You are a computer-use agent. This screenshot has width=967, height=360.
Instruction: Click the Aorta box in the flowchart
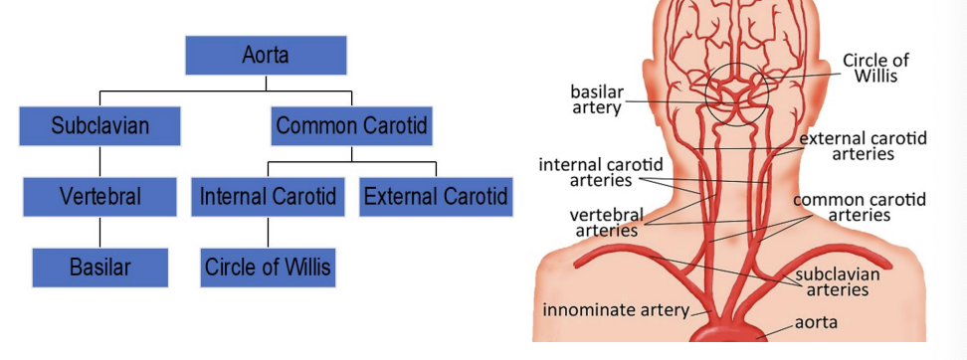(266, 55)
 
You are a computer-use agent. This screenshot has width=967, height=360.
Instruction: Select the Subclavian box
(99, 126)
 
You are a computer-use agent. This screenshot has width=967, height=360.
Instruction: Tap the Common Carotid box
(350, 126)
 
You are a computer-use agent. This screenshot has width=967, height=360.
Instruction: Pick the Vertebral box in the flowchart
(99, 196)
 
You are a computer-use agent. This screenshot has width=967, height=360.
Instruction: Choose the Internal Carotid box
(267, 196)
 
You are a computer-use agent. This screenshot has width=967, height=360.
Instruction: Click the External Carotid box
(435, 196)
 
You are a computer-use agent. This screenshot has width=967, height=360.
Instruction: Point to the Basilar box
(99, 267)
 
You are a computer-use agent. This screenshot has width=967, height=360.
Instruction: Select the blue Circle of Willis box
(267, 267)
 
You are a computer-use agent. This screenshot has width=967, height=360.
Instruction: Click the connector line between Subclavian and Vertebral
(99, 161)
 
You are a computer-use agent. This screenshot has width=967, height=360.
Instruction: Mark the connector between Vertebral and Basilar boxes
(99, 232)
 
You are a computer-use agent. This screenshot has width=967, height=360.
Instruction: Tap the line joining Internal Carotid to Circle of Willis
(267, 232)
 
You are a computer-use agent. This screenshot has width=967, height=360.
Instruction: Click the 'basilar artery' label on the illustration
(596, 99)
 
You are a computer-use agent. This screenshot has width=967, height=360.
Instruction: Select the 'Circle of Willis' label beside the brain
(875, 68)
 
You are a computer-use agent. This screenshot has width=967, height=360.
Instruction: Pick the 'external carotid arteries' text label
(862, 146)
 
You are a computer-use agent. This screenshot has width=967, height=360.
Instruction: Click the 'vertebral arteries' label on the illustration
(606, 222)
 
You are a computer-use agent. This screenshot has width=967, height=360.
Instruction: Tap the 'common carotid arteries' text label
(859, 207)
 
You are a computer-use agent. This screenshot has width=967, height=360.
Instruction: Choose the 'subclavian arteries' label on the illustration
(837, 281)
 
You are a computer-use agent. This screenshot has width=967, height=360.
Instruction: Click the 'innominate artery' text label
(615, 310)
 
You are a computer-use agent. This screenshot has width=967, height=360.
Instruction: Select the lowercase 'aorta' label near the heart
(815, 322)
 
